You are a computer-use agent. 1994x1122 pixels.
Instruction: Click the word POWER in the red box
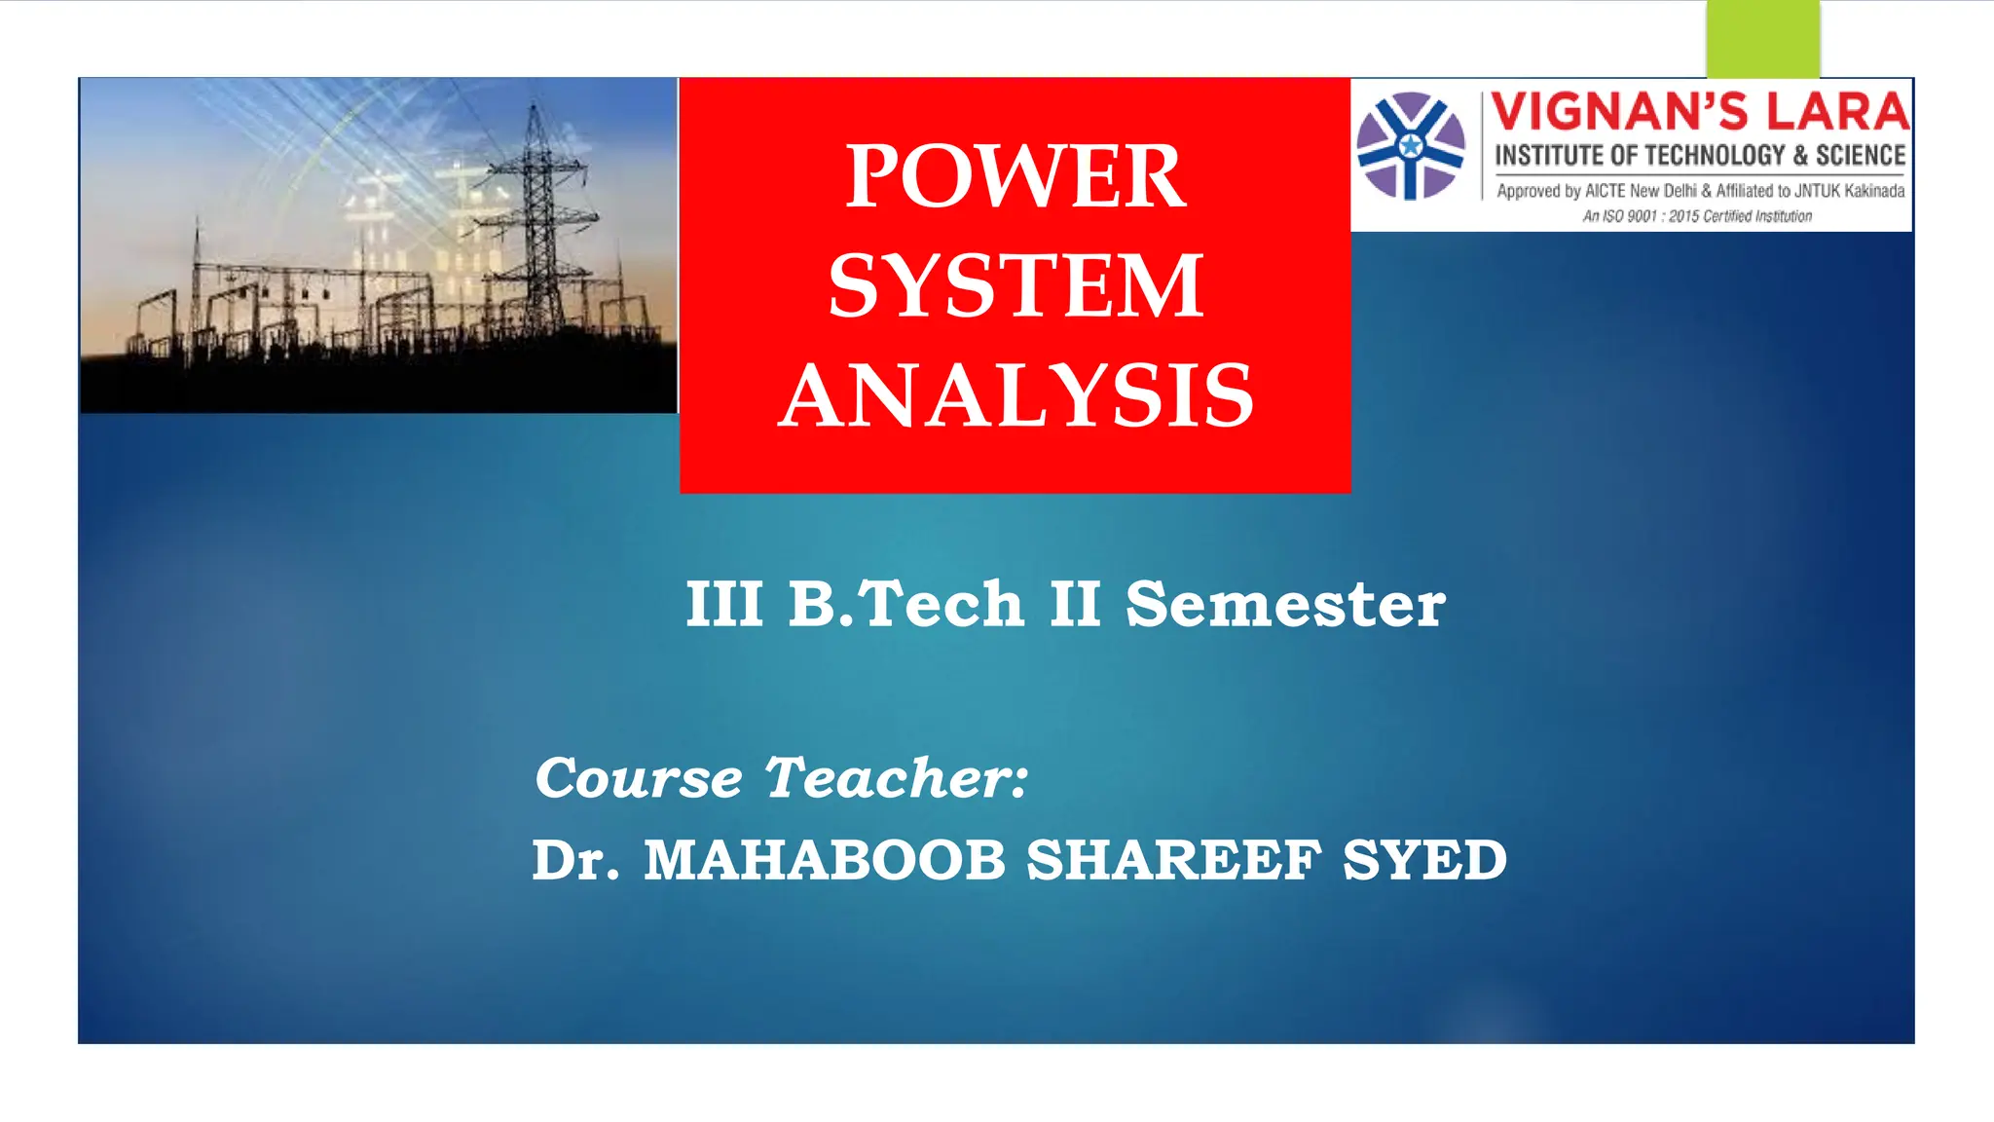point(1015,176)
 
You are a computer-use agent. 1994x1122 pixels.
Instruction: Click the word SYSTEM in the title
point(1015,286)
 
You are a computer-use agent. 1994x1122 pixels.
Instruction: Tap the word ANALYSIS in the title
point(1015,396)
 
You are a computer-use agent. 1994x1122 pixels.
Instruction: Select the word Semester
point(1285,604)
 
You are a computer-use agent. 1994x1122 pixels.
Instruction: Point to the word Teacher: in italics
point(896,778)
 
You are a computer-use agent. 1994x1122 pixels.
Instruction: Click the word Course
point(639,778)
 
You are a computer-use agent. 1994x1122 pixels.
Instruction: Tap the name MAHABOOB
point(824,861)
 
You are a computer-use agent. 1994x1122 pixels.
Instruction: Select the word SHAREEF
point(1173,861)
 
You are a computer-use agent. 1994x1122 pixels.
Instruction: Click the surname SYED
point(1424,861)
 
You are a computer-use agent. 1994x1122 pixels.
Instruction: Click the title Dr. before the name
point(574,861)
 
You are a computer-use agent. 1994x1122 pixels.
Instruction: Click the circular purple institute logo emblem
point(1411,146)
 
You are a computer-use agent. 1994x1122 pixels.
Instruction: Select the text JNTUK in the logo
point(1818,191)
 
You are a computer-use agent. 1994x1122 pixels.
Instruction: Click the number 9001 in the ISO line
point(1642,216)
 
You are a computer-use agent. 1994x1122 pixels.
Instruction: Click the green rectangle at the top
point(1762,39)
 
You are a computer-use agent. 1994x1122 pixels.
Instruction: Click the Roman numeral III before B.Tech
point(724,604)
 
